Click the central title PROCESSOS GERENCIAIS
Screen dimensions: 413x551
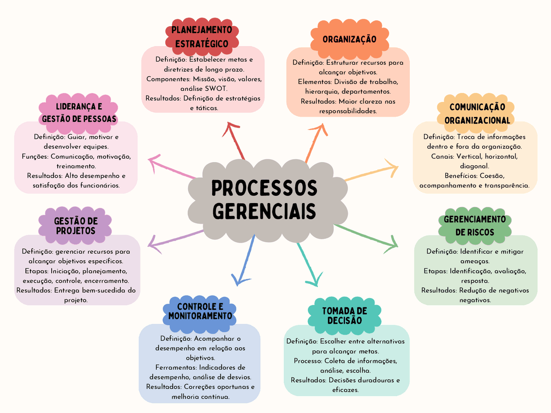(x=264, y=200)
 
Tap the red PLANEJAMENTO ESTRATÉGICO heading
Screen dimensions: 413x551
(x=201, y=37)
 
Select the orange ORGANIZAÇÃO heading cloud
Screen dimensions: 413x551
(x=349, y=39)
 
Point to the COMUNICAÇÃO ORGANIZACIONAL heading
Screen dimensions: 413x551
(x=477, y=114)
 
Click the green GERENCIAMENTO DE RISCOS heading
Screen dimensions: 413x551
(x=475, y=225)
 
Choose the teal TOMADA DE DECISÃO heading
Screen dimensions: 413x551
(x=344, y=316)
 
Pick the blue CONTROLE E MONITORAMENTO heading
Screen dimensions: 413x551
(x=200, y=311)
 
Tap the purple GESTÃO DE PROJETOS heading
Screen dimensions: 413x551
(x=76, y=226)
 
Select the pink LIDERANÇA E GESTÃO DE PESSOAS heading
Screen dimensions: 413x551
(x=79, y=113)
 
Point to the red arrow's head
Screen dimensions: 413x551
(x=229, y=126)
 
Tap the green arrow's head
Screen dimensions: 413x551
(x=396, y=246)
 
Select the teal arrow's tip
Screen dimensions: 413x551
(x=317, y=284)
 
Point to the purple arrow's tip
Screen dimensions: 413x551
(x=149, y=246)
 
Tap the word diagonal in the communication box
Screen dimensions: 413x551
(x=474, y=166)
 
